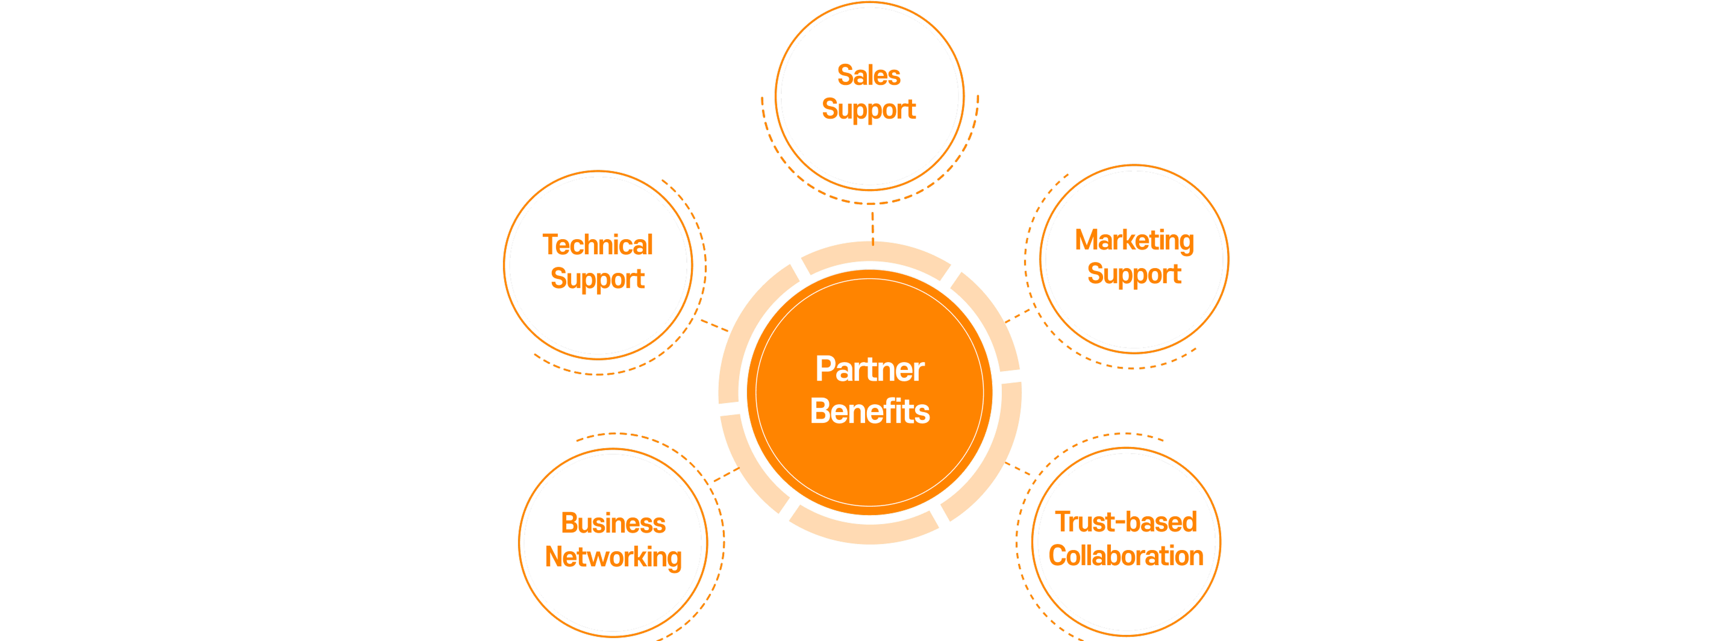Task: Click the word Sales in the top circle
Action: [868, 75]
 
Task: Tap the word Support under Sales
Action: [868, 110]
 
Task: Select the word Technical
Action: [598, 245]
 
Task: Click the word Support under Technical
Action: [598, 280]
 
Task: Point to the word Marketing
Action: [1134, 240]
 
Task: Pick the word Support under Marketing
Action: [1134, 275]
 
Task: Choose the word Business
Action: [613, 523]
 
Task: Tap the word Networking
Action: [613, 557]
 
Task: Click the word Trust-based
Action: [1125, 522]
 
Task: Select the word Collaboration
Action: [1125, 556]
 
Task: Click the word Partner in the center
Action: [869, 369]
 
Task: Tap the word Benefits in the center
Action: [869, 411]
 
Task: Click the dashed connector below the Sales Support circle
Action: [872, 225]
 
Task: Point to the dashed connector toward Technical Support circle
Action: [714, 326]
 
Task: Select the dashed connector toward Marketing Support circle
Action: [1018, 316]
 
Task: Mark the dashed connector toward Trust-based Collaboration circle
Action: [1018, 469]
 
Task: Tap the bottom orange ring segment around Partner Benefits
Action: [863, 531]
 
